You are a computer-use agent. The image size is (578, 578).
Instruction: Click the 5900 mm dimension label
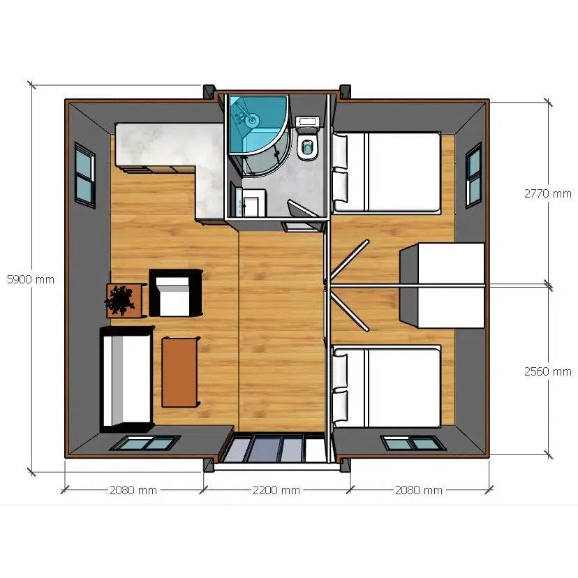coord(30,279)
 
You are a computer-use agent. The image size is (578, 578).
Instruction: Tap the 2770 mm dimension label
coord(548,193)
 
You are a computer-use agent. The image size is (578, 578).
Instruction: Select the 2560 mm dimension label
coord(548,371)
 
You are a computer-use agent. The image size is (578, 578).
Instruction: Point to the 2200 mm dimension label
coord(276,490)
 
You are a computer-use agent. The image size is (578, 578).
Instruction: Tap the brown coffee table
coord(181,371)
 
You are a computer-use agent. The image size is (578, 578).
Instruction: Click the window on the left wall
coord(85,176)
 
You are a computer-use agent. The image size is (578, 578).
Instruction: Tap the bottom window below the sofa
coord(144,443)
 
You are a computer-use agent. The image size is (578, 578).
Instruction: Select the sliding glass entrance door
coord(275,448)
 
